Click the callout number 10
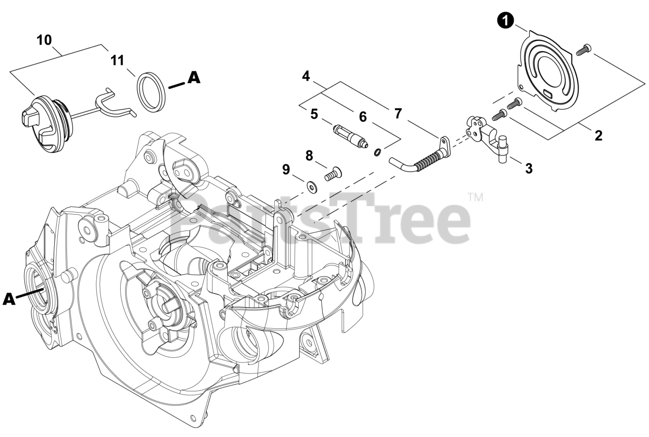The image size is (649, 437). click(x=44, y=40)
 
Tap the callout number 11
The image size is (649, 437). click(x=117, y=61)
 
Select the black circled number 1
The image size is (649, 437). click(x=506, y=21)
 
